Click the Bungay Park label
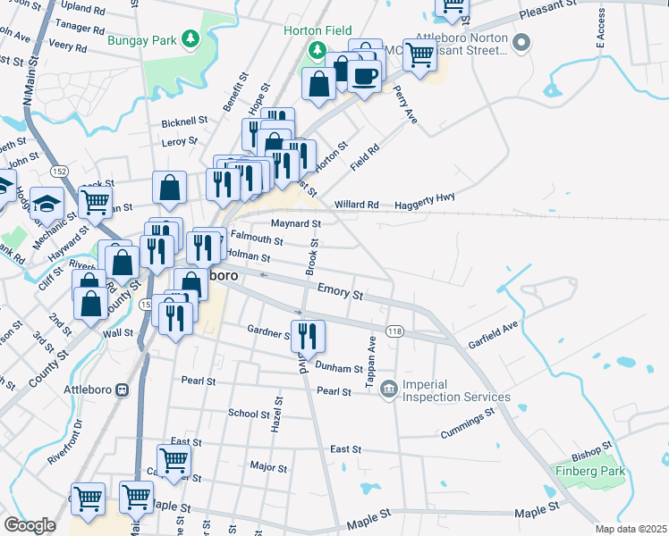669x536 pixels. [140, 39]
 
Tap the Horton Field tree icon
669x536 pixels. [315, 48]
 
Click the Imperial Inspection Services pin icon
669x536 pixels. [388, 389]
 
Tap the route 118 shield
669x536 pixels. [393, 331]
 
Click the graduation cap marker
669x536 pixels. [47, 205]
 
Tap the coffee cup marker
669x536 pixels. [364, 75]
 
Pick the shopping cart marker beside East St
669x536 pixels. [174, 460]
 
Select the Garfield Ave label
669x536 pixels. [493, 334]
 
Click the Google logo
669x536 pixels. [30, 525]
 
